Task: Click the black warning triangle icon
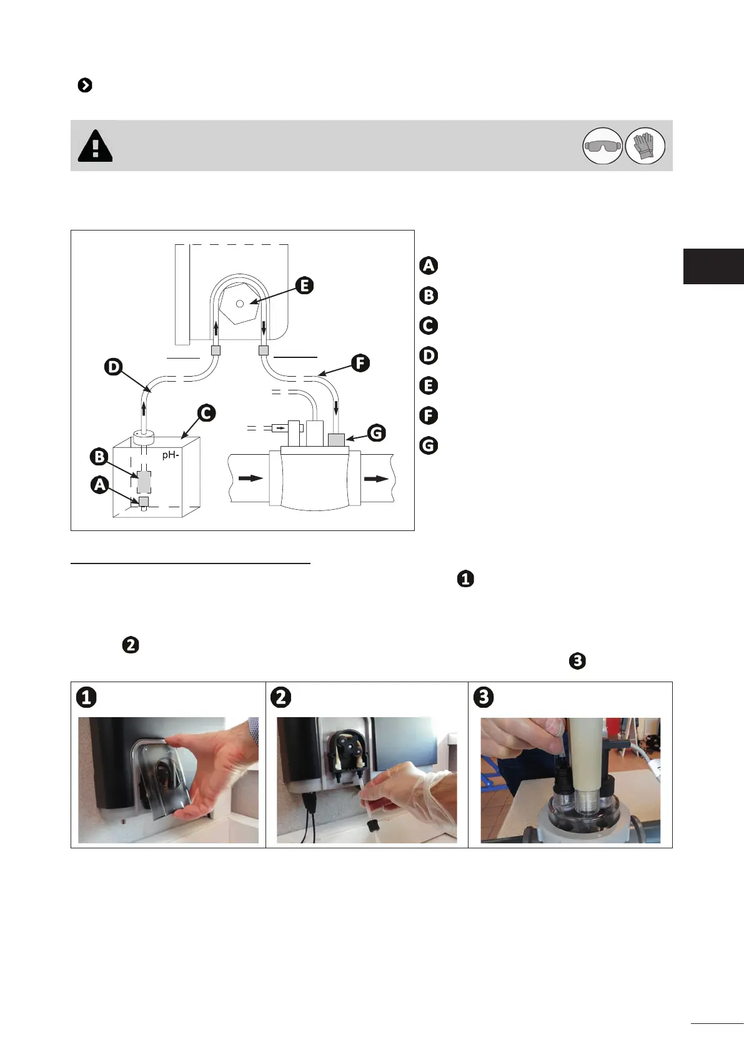point(95,146)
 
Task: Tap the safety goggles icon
point(602,146)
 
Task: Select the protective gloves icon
point(645,146)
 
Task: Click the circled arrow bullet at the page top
point(85,85)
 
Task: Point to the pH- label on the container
point(171,455)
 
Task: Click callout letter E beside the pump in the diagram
point(304,285)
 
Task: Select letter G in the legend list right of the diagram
point(429,445)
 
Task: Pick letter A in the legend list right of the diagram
point(429,265)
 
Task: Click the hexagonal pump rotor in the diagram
point(241,303)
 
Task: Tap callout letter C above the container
point(206,413)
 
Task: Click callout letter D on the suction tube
point(113,367)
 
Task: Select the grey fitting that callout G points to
point(336,440)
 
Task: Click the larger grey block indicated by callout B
point(144,482)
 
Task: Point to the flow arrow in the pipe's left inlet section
point(250,479)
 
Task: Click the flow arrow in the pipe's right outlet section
point(376,479)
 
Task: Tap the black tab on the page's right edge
point(713,266)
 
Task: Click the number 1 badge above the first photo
point(86,697)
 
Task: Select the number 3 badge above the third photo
point(484,697)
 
